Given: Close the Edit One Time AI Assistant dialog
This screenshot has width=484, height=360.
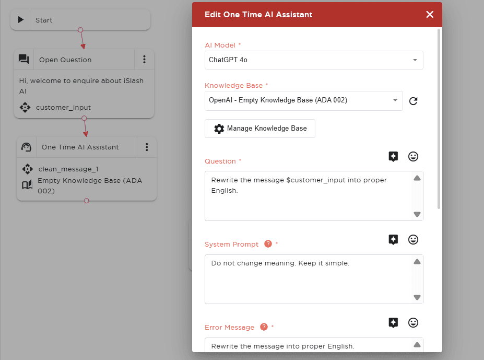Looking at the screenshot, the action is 430,15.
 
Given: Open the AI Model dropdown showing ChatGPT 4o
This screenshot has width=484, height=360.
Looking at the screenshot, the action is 314,60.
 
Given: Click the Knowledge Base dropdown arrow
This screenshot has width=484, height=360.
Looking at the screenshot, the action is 395,100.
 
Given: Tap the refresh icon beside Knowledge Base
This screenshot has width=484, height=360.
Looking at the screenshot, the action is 413,101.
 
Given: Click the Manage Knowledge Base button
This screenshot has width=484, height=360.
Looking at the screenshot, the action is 260,128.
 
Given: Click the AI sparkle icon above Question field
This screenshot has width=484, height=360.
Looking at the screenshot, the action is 393,157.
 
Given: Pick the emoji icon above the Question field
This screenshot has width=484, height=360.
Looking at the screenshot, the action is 413,157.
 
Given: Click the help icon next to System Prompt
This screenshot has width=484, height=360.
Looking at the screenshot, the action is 268,244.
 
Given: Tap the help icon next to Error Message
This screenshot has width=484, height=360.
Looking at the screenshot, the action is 264,327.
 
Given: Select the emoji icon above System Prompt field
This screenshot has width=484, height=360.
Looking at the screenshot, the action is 413,239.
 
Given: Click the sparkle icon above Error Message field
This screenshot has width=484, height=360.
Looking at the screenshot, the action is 393,322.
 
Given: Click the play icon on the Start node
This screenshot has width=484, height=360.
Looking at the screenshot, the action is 21,20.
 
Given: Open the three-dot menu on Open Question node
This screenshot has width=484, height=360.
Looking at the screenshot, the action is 144,60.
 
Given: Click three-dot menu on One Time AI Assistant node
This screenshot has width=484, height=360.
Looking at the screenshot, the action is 147,147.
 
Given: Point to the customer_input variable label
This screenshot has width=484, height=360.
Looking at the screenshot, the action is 63,108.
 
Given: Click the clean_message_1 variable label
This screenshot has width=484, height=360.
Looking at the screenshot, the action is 68,169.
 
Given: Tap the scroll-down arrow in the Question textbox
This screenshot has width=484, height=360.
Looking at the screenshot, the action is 417,214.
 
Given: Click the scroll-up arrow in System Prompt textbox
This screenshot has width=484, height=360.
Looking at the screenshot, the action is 417,262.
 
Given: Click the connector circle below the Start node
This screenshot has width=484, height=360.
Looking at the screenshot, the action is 80,30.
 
